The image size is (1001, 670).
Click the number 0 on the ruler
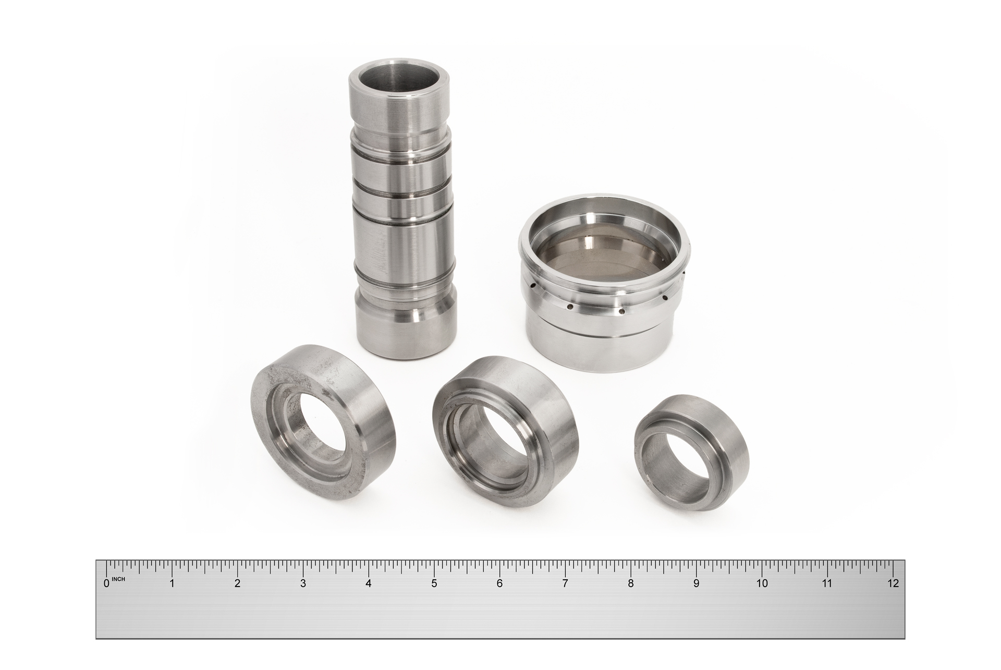tap(107, 583)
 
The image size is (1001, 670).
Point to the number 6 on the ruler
tap(499, 583)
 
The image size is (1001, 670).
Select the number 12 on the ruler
tap(893, 583)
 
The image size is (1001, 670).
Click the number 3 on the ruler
tap(303, 583)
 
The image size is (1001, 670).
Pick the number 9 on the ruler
tap(696, 583)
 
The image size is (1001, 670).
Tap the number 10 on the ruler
tap(762, 583)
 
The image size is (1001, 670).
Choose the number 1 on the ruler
tap(172, 583)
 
